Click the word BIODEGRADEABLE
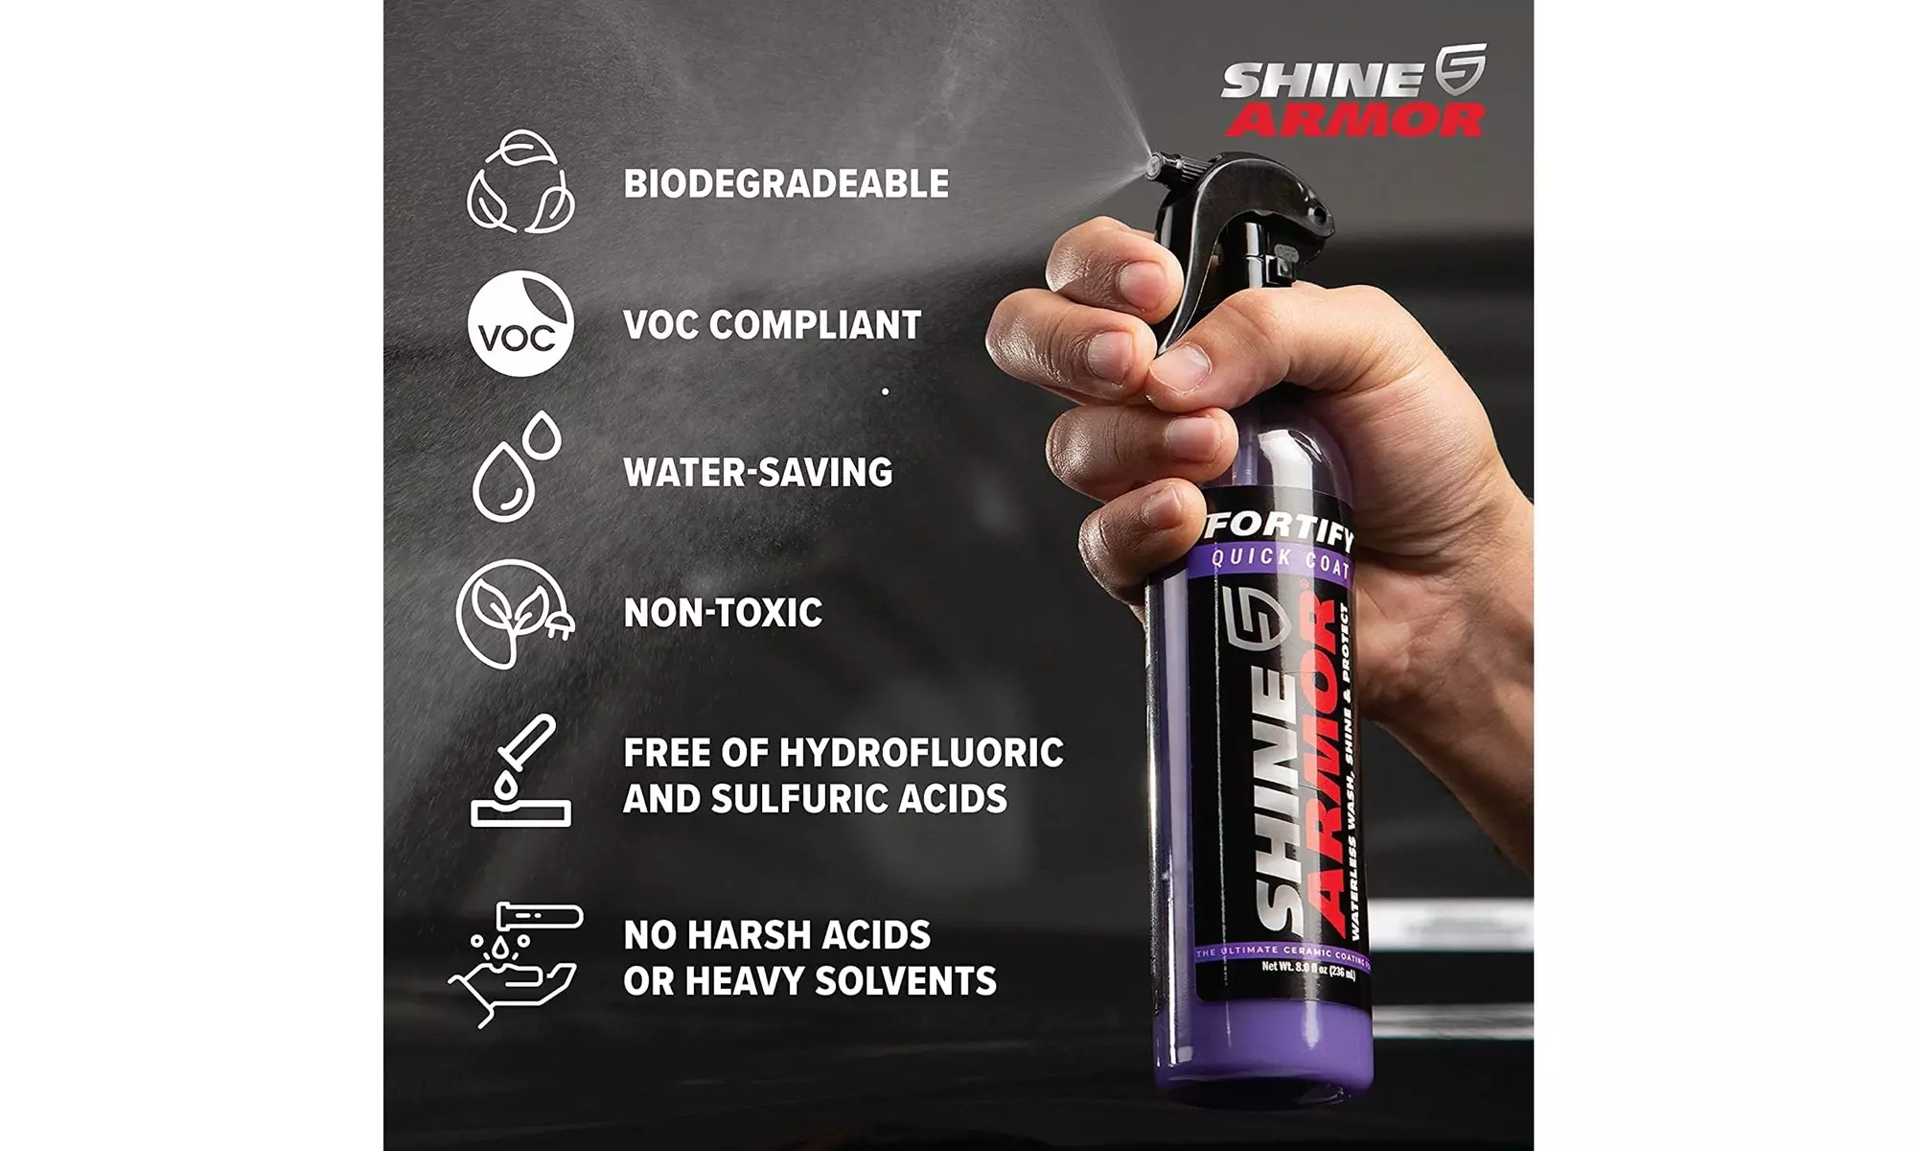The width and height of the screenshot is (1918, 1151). coord(786,183)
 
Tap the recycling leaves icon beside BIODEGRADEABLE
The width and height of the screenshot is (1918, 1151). coord(520,182)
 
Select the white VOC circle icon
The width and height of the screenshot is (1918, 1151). coord(520,323)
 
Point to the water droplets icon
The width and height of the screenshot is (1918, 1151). coord(515,467)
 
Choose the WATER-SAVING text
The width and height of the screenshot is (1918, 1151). coord(757,472)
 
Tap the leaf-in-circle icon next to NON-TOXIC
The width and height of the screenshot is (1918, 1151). coord(515,613)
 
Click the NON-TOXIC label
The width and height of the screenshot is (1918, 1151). coord(723,613)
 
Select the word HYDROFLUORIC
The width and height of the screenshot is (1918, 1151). coord(921,753)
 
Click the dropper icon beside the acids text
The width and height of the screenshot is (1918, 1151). coord(520,771)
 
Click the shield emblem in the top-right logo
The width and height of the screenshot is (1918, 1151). coord(1460,69)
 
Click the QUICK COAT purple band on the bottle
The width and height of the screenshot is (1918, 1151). coord(1279,562)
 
